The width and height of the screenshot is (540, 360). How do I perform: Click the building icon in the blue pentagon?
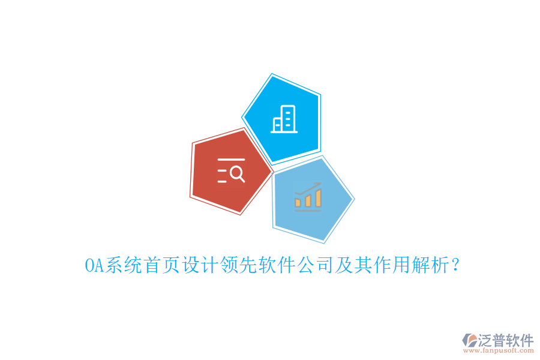point(284,119)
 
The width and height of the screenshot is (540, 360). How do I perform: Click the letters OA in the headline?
point(94,265)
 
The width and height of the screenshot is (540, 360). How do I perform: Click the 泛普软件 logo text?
point(506,340)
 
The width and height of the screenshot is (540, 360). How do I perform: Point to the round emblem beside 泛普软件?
point(469,341)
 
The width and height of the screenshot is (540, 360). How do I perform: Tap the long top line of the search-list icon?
point(231,160)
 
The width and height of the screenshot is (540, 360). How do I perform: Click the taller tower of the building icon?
point(289,118)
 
